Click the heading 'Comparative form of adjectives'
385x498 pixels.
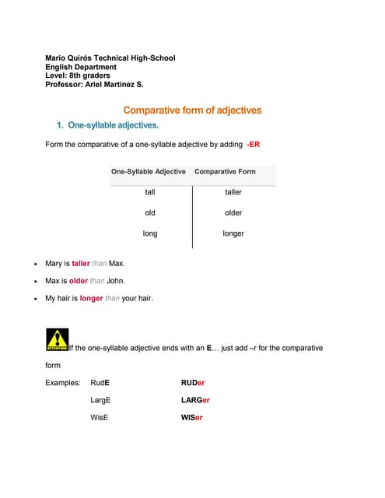pyautogui.click(x=192, y=110)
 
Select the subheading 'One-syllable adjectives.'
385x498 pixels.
pyautogui.click(x=113, y=125)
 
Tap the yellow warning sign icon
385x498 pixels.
pyautogui.click(x=58, y=339)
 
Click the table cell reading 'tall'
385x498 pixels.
pyautogui.click(x=150, y=191)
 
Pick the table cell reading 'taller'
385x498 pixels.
pyautogui.click(x=233, y=191)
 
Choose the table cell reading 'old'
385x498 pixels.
pyautogui.click(x=150, y=212)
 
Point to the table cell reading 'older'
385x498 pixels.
pyautogui.click(x=233, y=212)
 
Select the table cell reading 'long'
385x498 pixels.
pyautogui.click(x=150, y=233)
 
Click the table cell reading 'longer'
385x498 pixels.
pyautogui.click(x=233, y=233)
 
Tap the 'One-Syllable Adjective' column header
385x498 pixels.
pyautogui.click(x=149, y=171)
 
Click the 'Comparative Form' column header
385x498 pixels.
pyautogui.click(x=225, y=171)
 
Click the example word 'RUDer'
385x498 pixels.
pyautogui.click(x=192, y=383)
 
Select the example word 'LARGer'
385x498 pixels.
pyautogui.click(x=195, y=400)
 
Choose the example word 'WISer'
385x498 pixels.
pyautogui.click(x=191, y=417)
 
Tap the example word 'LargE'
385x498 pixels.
pyautogui.click(x=101, y=400)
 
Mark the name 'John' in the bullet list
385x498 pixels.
pyautogui.click(x=115, y=281)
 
